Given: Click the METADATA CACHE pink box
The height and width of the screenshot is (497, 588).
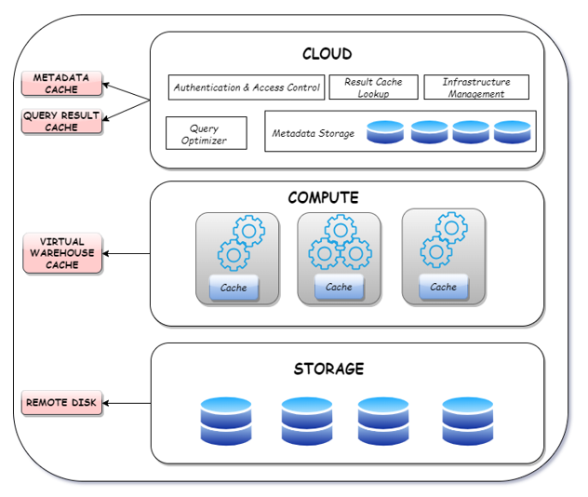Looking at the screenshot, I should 61,84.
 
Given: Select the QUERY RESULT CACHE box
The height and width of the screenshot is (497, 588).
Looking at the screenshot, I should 61,122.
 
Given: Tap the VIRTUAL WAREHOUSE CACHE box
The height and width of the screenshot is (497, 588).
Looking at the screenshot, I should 61,253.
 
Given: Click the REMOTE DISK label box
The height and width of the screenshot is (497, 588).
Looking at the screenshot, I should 61,403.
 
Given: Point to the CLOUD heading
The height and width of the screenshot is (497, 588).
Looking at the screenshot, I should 327,54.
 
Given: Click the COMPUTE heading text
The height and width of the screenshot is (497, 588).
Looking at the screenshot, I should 323,198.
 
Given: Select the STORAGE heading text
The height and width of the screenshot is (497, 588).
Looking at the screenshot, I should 328,369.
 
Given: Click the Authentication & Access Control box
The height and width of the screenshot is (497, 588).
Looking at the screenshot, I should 247,87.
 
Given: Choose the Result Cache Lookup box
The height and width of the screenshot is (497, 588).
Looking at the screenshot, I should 373,87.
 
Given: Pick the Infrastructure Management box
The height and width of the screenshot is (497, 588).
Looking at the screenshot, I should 475,87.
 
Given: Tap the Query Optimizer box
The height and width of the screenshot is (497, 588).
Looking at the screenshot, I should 206,134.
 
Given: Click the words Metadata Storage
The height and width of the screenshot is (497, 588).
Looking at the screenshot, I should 313,134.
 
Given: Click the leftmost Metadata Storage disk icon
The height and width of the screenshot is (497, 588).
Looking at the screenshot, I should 385,132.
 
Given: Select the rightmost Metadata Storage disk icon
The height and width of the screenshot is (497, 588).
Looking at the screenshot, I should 512,132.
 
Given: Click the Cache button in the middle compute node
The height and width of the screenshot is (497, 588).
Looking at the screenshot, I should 339,288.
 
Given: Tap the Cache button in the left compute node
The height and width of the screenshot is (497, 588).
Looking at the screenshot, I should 234,288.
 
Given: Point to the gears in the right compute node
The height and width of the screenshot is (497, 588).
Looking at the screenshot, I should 443,240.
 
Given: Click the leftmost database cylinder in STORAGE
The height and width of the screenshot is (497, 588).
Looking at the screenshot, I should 226,421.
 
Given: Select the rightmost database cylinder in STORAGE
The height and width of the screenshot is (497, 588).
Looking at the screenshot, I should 467,421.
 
